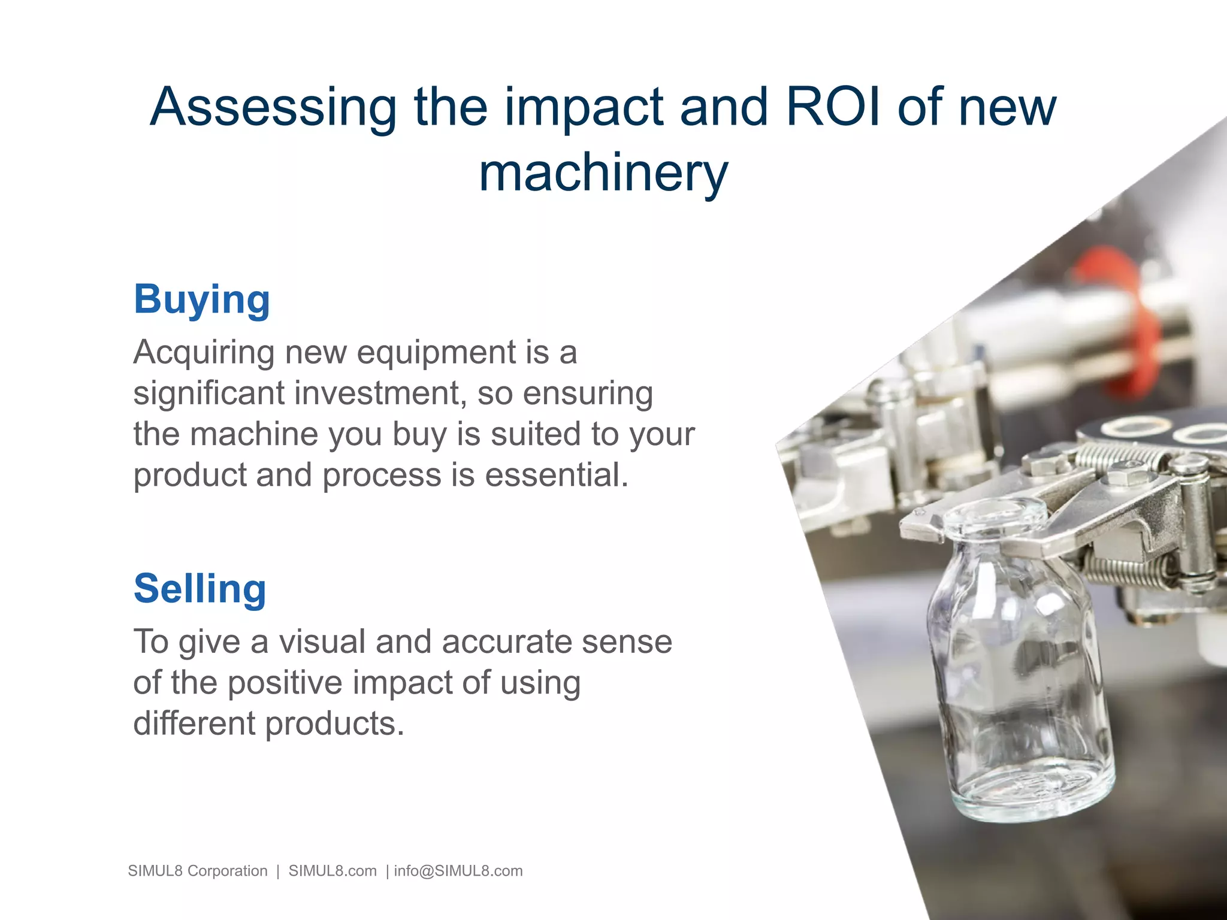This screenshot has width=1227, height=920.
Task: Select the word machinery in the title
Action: coord(603,172)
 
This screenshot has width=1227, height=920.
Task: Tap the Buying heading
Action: coord(202,299)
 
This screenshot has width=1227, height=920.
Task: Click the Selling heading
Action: coord(200,589)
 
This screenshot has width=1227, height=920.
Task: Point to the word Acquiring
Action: coord(204,352)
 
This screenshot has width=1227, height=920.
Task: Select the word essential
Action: coord(557,475)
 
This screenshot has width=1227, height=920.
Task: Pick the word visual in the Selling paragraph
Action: coord(322,641)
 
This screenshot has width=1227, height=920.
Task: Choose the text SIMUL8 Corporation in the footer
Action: coord(198,871)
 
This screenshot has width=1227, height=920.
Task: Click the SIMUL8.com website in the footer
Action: coord(333,871)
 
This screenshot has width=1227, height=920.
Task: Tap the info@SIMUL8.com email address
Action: coord(458,871)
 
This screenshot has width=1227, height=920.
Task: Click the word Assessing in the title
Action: coord(273,107)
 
